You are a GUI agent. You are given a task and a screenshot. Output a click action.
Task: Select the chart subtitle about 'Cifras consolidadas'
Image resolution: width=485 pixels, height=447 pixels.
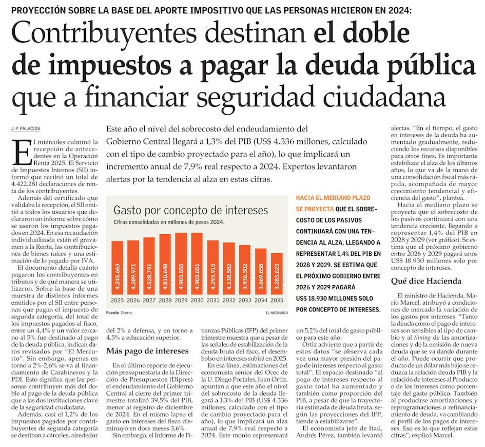click(169, 222)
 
